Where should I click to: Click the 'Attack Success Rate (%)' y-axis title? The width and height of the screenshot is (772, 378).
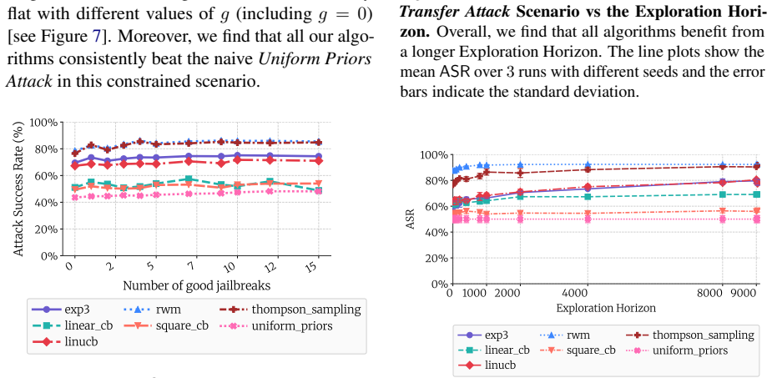click(x=18, y=189)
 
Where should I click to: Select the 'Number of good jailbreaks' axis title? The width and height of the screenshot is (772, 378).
click(x=196, y=285)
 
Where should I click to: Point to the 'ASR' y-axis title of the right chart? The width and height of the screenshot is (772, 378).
click(x=410, y=219)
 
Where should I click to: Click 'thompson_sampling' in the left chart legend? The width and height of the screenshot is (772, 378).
click(x=306, y=310)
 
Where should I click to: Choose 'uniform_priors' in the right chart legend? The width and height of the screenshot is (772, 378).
click(x=689, y=350)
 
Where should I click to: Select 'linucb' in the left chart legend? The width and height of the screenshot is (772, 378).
click(x=81, y=341)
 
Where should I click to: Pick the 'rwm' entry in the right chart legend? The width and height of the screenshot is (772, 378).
click(x=578, y=335)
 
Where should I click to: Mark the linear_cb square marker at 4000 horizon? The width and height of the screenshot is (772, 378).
click(x=588, y=197)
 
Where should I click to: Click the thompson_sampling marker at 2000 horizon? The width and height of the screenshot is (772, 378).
click(x=520, y=173)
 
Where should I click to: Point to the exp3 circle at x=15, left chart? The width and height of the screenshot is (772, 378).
click(x=319, y=156)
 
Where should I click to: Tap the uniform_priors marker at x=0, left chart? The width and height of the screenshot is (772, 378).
click(x=75, y=198)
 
